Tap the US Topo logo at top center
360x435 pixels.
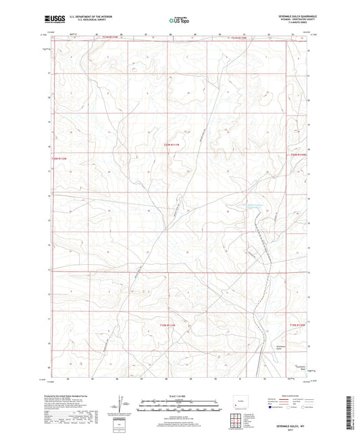[x=178, y=21]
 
